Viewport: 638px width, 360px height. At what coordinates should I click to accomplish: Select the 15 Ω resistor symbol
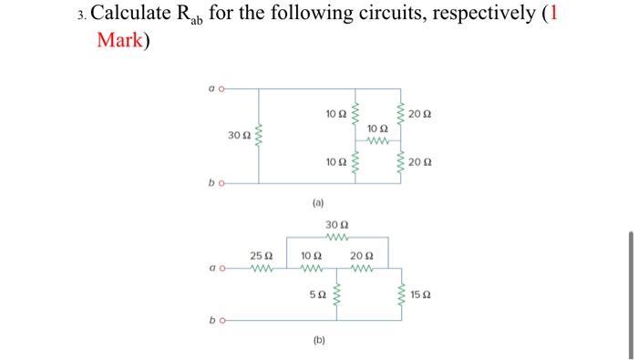pyautogui.click(x=403, y=295)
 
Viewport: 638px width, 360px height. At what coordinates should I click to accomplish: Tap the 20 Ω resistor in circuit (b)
pyautogui.click(x=363, y=270)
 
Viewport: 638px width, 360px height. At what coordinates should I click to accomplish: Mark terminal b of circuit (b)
pyautogui.click(x=217, y=321)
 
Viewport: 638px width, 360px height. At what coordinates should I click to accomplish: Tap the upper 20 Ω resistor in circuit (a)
pyautogui.click(x=402, y=114)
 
